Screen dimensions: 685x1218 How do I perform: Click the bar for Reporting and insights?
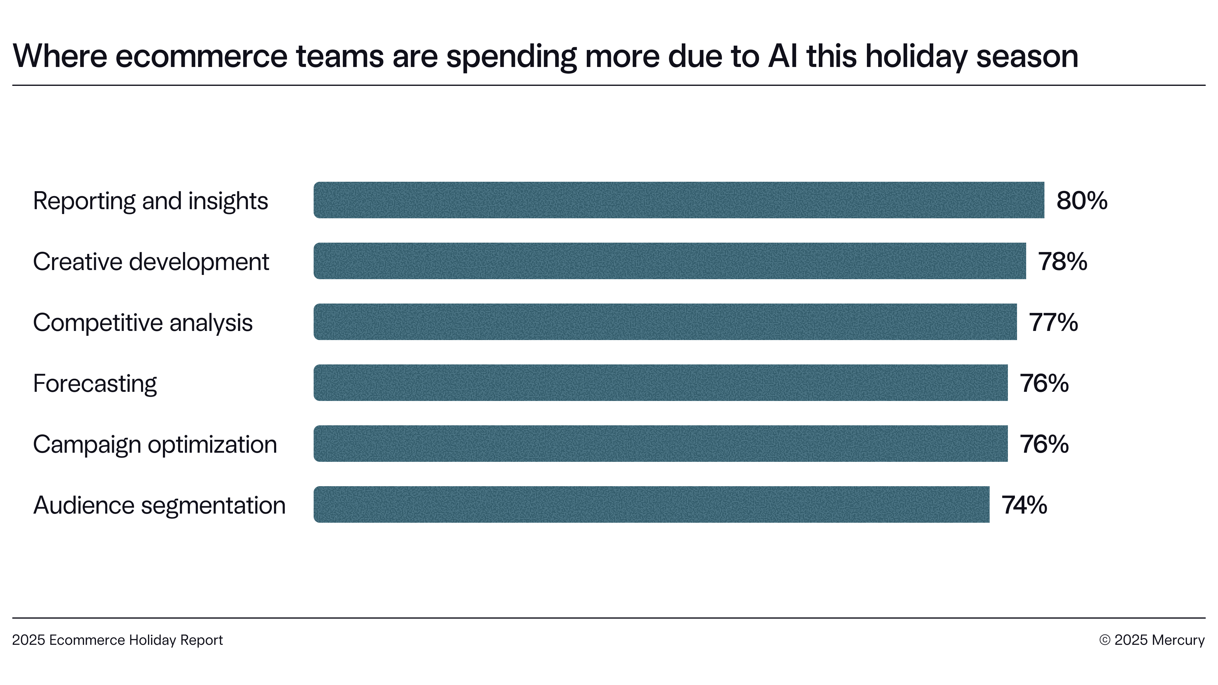[678, 200]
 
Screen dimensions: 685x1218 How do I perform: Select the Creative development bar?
[670, 261]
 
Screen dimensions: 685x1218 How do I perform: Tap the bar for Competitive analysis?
[665, 322]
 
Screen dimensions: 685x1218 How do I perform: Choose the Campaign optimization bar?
[660, 444]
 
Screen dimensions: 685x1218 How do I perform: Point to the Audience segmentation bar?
[651, 504]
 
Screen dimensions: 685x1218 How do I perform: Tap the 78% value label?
[1062, 262]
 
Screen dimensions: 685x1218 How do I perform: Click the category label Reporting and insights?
[150, 201]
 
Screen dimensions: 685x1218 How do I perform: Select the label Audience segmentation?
[159, 505]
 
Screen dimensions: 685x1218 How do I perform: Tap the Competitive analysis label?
[143, 323]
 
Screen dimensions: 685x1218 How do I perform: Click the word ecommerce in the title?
[201, 56]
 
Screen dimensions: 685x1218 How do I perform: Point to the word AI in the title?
[783, 56]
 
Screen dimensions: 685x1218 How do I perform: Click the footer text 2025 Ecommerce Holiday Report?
[117, 640]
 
